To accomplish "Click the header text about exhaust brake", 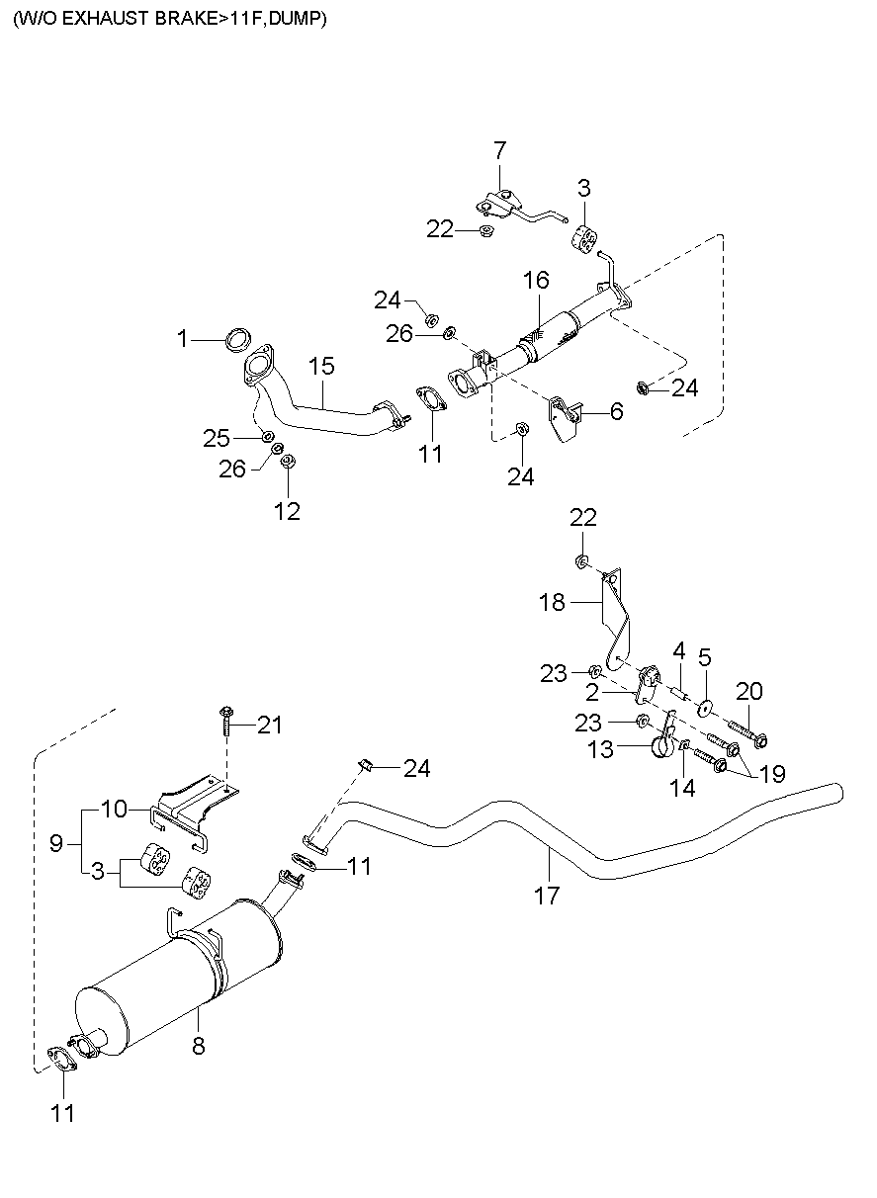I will (169, 18).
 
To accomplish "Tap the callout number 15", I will (320, 366).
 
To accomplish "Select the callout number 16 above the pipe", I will (535, 281).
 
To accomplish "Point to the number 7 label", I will (499, 150).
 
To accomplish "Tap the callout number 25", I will (217, 436).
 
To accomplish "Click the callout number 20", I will (749, 690).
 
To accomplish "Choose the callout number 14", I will (682, 787).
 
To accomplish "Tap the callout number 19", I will (771, 774).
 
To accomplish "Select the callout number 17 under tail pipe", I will (546, 896).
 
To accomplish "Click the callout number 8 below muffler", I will (198, 1046).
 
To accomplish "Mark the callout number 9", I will (55, 843).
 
